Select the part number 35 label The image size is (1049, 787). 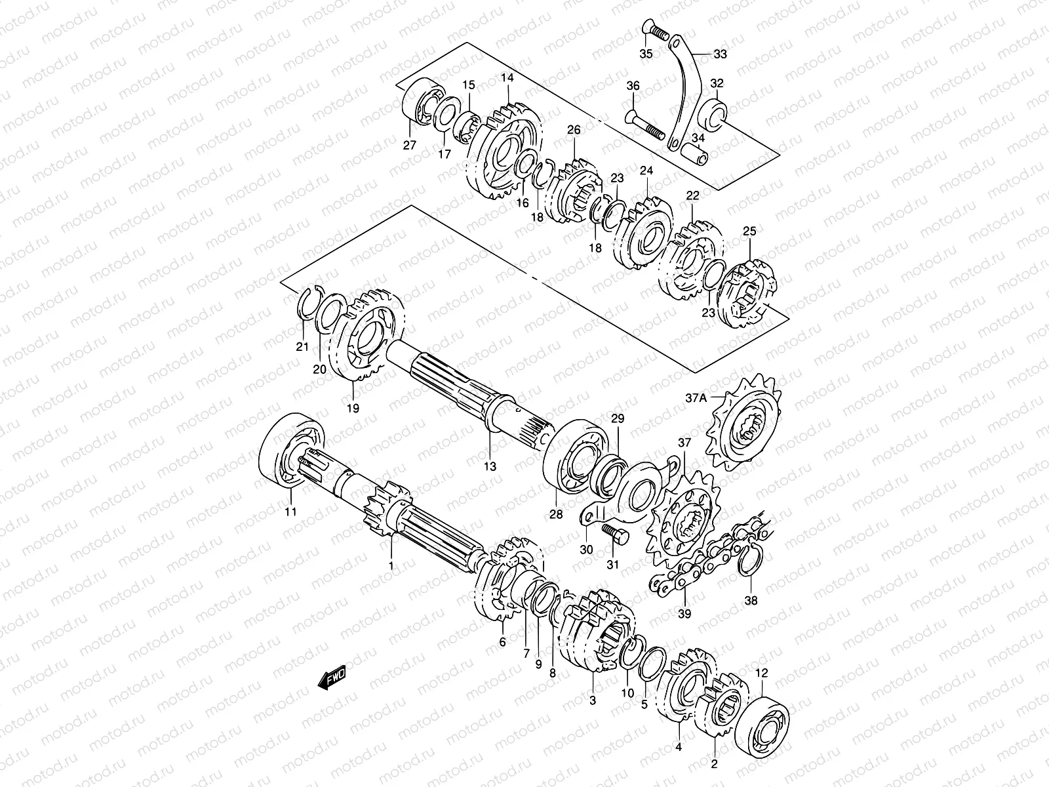[646, 54]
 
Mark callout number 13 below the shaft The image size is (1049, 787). [490, 466]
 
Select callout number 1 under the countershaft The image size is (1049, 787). [391, 565]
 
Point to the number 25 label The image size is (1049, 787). [749, 232]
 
